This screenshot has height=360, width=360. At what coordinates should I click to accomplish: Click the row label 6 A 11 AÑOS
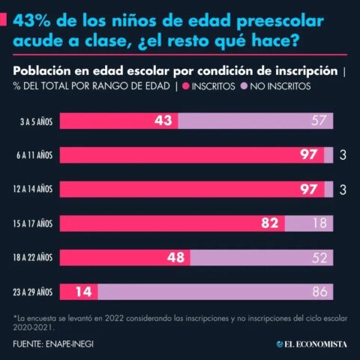tap(32, 155)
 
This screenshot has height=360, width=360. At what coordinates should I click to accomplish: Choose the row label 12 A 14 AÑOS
tap(31, 189)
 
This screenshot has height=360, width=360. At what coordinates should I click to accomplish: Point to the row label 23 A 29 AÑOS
tap(31, 291)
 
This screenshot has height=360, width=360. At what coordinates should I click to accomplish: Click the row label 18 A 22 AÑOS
tap(31, 257)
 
